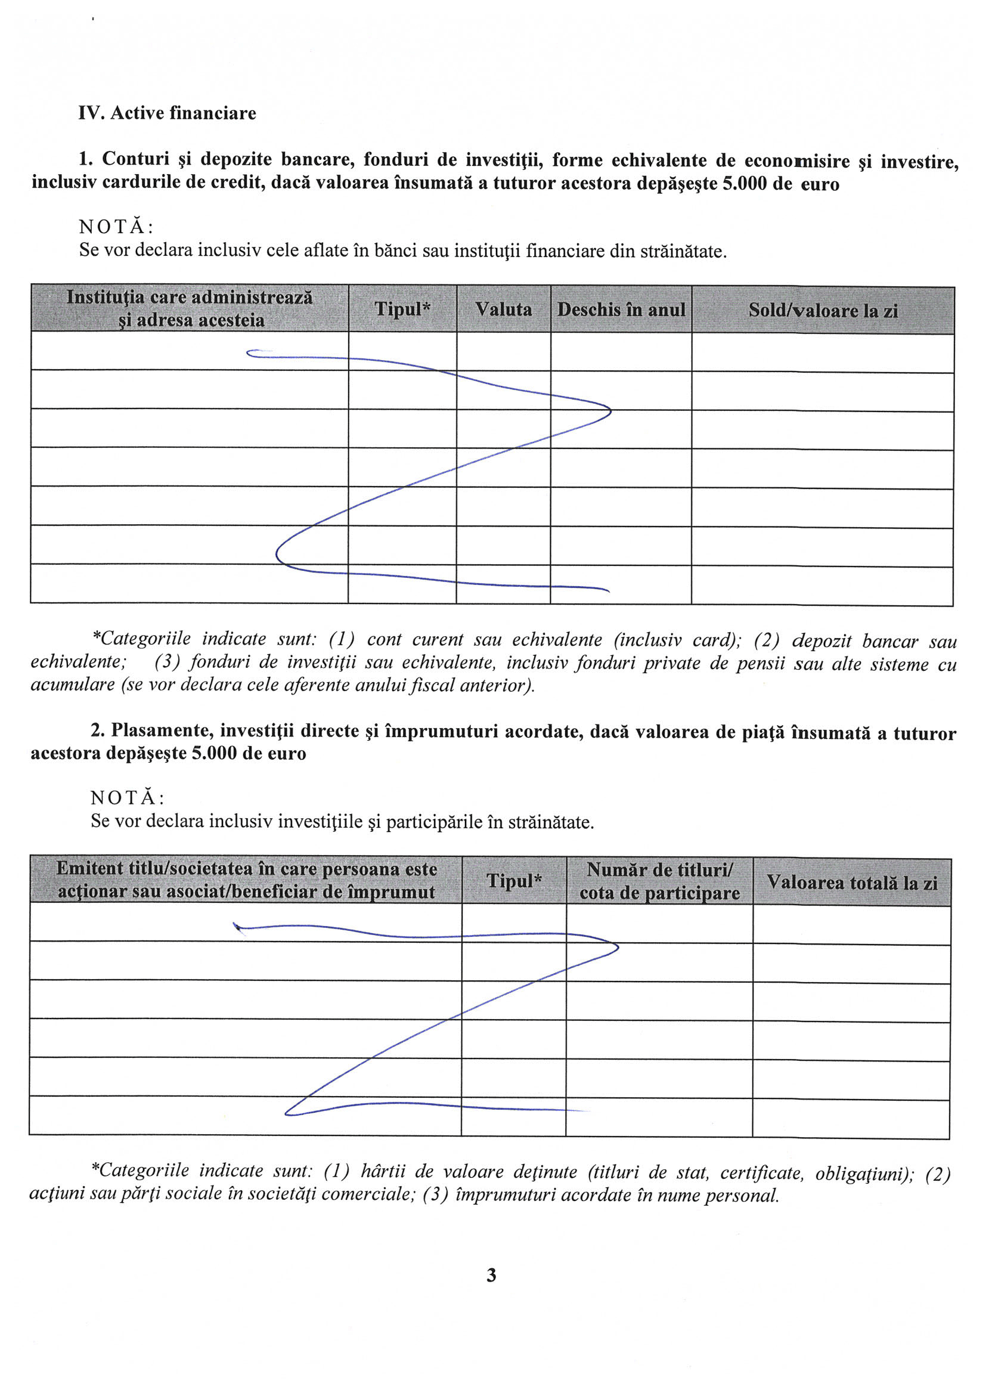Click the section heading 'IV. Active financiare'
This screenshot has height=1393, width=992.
click(x=167, y=113)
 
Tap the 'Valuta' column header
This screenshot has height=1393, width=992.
click(x=503, y=309)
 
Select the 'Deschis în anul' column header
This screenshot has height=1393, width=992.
click(x=621, y=309)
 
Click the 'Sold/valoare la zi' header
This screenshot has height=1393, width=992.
click(x=823, y=310)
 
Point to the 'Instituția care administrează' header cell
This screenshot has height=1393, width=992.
click(x=190, y=308)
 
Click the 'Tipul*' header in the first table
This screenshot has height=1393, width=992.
click(x=402, y=308)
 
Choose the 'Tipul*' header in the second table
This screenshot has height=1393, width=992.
click(x=514, y=880)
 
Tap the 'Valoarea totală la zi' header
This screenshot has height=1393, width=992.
click(x=851, y=882)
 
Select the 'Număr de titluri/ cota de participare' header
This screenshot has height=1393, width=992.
click(x=659, y=881)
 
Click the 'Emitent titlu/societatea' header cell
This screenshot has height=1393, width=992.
click(x=246, y=880)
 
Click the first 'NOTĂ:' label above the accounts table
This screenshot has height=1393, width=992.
click(x=116, y=227)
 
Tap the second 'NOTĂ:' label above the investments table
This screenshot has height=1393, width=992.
click(x=127, y=798)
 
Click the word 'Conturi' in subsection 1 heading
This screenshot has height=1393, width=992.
click(x=135, y=159)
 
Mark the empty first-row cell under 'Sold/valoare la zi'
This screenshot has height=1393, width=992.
click(x=822, y=353)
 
